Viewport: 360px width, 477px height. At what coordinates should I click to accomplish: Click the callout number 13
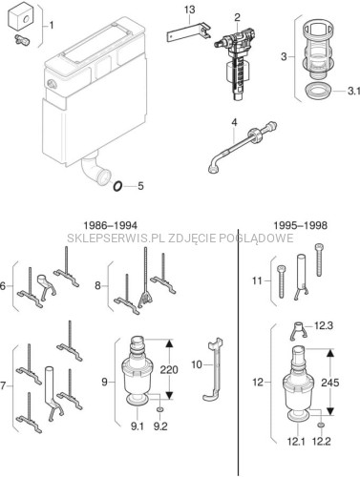pos(189,10)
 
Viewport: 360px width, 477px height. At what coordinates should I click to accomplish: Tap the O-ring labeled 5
pos(117,186)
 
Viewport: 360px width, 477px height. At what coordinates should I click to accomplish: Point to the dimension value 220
pos(169,370)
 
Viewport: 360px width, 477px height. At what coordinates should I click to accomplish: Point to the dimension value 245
pos(330,383)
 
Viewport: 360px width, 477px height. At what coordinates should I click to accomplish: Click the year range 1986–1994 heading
pos(110,225)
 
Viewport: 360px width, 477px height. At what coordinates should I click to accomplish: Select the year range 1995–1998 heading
pos(301,225)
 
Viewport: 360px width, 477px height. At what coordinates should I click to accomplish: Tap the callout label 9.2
pos(160,426)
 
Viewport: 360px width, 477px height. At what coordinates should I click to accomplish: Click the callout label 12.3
pos(324,325)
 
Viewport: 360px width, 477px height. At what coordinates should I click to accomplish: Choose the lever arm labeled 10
pos(214,370)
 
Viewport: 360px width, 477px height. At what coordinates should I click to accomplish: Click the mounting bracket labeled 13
pos(188,33)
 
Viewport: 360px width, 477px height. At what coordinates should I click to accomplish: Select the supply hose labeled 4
pos(242,147)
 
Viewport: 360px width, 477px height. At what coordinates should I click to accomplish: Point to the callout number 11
pos(257,280)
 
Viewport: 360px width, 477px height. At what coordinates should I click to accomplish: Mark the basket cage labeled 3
pos(318,50)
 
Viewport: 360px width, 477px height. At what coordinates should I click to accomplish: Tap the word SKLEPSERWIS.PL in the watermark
pos(116,238)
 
